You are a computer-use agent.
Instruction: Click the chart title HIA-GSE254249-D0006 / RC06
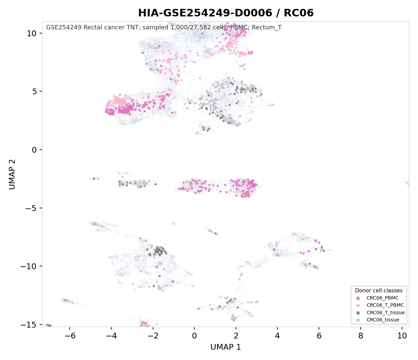(226, 13)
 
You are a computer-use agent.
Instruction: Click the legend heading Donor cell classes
(379, 290)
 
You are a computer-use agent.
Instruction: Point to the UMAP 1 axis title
(226, 347)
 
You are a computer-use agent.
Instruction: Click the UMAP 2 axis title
(12, 174)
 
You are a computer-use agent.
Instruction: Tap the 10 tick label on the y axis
(31, 33)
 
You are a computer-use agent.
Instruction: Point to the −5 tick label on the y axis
(31, 208)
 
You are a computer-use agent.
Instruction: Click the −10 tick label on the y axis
(28, 266)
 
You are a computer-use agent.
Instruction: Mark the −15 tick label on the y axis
(28, 324)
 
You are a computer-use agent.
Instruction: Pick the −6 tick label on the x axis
(70, 336)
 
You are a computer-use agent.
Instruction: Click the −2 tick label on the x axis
(153, 336)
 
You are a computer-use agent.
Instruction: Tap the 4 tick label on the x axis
(277, 336)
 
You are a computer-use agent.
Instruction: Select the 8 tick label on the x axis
(361, 336)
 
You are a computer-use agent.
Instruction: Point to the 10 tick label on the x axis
(402, 336)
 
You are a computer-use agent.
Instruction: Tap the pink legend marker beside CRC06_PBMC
(358, 298)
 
